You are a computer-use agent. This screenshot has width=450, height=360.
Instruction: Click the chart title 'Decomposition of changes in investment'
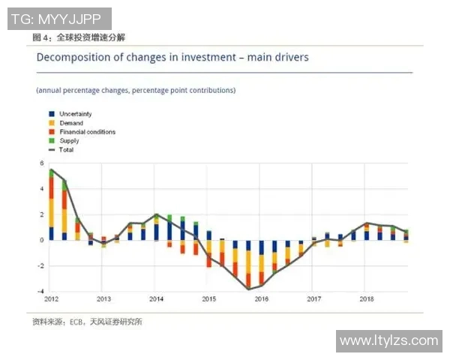click(x=172, y=57)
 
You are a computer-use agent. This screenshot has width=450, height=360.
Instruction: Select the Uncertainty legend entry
click(x=75, y=114)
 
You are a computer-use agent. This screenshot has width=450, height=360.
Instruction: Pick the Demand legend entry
click(x=70, y=123)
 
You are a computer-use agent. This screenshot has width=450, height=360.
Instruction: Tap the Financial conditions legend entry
click(x=86, y=132)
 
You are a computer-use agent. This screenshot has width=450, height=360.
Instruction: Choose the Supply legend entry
click(x=69, y=141)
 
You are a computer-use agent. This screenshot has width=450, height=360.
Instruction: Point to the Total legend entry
click(x=66, y=150)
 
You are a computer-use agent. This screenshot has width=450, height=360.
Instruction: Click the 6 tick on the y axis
click(x=41, y=163)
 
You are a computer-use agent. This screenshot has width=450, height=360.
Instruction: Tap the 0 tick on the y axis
click(x=41, y=240)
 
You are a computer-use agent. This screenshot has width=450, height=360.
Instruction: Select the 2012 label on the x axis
click(x=51, y=299)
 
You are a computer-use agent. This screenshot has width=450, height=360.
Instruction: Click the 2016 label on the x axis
click(x=261, y=299)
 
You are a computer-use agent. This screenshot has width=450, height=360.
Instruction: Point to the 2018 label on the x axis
click(x=366, y=299)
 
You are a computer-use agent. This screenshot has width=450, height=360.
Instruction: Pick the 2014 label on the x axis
click(x=156, y=299)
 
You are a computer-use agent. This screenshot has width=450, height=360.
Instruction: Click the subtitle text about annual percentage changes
click(x=136, y=91)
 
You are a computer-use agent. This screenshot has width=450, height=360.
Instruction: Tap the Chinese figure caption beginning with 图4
click(x=79, y=37)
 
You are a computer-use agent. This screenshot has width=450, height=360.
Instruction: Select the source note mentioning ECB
click(x=87, y=322)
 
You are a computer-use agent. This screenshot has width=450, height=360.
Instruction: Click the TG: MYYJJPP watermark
click(x=59, y=18)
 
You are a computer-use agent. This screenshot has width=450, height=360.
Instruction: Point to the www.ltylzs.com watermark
click(x=388, y=341)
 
